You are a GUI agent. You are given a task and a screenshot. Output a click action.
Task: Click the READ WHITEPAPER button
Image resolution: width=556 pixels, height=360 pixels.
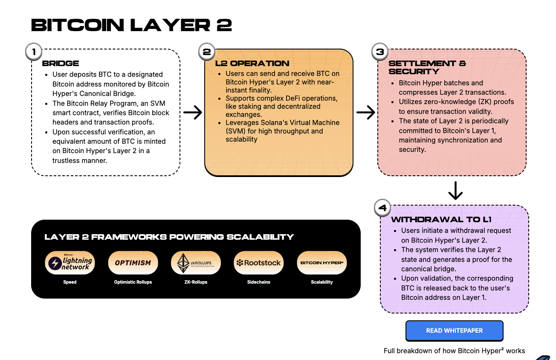click(x=454, y=331)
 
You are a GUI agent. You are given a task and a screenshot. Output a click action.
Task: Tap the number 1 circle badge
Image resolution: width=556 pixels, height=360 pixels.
click(x=34, y=52)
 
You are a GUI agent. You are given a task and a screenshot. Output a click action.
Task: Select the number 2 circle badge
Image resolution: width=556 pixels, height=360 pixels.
click(x=207, y=52)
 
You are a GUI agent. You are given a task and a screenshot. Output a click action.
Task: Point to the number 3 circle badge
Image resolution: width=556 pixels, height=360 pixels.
click(x=380, y=52)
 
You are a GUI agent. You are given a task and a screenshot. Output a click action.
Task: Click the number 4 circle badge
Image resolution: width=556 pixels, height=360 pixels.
click(x=382, y=208)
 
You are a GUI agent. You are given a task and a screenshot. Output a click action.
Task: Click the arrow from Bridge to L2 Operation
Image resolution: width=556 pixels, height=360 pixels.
click(x=193, y=113)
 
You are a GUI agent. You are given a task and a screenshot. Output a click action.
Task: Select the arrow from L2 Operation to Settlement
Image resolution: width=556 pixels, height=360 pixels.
click(x=365, y=113)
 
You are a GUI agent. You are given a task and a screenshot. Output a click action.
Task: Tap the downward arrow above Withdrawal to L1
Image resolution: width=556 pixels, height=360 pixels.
click(x=455, y=191)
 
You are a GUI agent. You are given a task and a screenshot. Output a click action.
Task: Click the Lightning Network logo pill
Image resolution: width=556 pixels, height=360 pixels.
click(x=70, y=263)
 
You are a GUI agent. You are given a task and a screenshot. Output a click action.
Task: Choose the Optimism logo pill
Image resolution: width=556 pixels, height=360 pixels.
click(x=133, y=263)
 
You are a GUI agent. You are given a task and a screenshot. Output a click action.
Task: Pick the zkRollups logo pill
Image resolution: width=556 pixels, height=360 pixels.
click(x=196, y=263)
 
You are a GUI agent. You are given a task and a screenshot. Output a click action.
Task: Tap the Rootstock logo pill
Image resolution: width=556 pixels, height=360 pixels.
click(x=259, y=263)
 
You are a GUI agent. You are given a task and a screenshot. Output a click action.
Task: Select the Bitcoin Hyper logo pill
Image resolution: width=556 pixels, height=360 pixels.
click(x=321, y=263)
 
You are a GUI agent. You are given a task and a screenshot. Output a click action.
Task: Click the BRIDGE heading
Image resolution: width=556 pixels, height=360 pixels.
click(x=61, y=63)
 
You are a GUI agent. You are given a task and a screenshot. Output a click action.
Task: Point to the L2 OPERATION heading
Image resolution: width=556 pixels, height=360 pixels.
click(x=252, y=63)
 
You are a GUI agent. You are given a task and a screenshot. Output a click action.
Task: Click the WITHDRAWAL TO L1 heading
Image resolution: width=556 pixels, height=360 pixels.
click(x=441, y=220)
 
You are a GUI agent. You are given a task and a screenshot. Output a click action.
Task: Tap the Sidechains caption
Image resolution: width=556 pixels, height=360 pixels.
click(x=259, y=282)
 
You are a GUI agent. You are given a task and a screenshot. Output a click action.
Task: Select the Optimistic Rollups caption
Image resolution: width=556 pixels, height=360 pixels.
click(x=133, y=282)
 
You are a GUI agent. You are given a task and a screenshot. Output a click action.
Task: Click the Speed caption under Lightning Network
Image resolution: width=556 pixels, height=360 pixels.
click(x=70, y=282)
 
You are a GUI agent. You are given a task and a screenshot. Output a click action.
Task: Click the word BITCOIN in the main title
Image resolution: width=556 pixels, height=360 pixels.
click(x=78, y=25)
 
